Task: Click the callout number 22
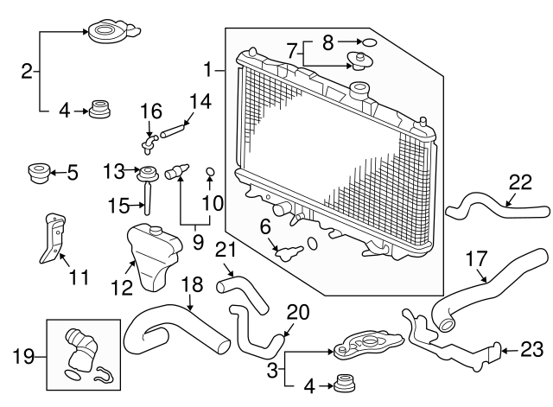pos(519,182)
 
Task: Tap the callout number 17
pos(476,258)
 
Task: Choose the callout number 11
pos(79,277)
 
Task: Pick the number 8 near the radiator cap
pos(327,41)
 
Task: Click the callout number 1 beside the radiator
pos(207,68)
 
